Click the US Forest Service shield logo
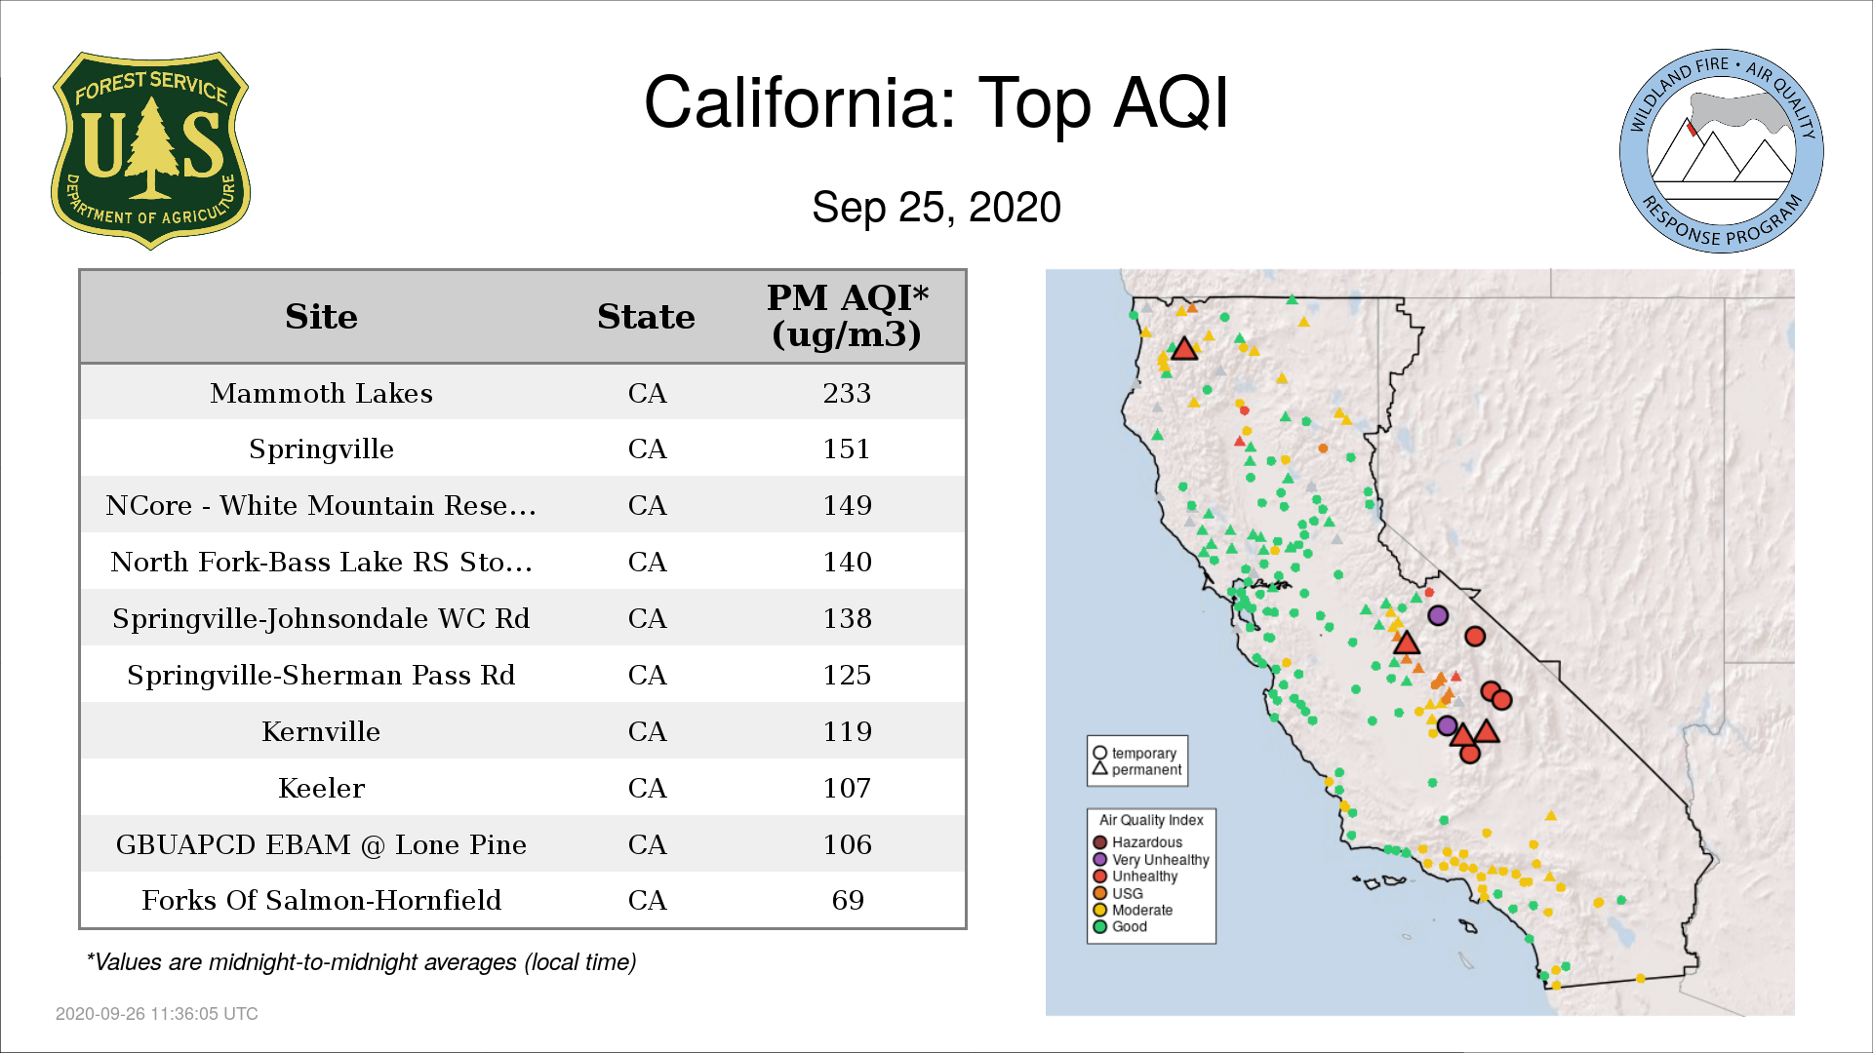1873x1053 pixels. (x=150, y=151)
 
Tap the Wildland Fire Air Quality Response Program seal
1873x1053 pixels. (x=1722, y=151)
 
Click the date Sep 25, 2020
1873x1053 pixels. (x=936, y=208)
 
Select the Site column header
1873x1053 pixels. (x=321, y=317)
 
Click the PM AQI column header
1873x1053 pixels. (x=847, y=316)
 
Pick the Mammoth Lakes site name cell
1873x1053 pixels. (x=321, y=393)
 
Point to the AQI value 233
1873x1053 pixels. (x=847, y=393)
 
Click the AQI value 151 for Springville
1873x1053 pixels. (x=847, y=449)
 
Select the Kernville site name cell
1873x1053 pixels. (x=321, y=732)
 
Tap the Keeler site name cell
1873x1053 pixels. (x=321, y=789)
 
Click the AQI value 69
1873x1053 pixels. (x=848, y=900)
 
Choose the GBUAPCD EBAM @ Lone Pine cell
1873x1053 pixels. (x=321, y=845)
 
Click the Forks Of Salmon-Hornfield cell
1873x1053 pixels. (x=321, y=900)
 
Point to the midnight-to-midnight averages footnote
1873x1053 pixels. (x=361, y=963)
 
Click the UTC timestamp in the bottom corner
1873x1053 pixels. (x=157, y=1014)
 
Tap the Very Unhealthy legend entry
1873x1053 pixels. (x=1151, y=860)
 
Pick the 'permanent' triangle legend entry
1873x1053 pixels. (x=1136, y=769)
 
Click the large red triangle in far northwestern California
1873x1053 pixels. (x=1184, y=349)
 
